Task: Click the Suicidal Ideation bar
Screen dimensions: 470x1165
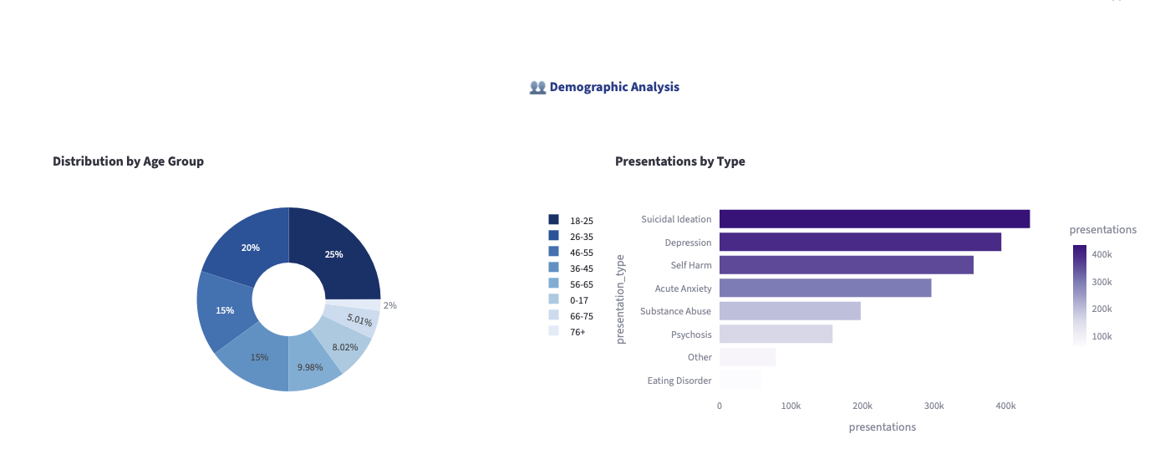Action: [x=874, y=219]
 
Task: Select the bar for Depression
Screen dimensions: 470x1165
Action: [x=860, y=243]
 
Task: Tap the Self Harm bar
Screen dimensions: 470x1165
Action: [x=846, y=265]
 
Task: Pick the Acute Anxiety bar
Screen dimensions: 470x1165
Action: [x=825, y=289]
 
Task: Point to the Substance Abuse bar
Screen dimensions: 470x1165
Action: [x=790, y=311]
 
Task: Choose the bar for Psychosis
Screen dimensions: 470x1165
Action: [x=776, y=335]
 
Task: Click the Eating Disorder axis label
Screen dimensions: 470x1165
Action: [x=679, y=381]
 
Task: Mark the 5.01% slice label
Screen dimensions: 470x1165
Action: [x=359, y=319]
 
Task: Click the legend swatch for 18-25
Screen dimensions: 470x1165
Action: [x=553, y=220]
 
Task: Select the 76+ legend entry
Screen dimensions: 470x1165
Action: [x=577, y=332]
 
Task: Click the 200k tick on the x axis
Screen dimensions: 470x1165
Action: [x=862, y=406]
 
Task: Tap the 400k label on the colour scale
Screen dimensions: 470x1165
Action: [x=1101, y=253]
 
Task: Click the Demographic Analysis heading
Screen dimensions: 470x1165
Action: [x=613, y=87]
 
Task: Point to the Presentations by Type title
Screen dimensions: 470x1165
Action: [x=679, y=161]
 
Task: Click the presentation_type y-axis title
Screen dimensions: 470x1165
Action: [x=621, y=299]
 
